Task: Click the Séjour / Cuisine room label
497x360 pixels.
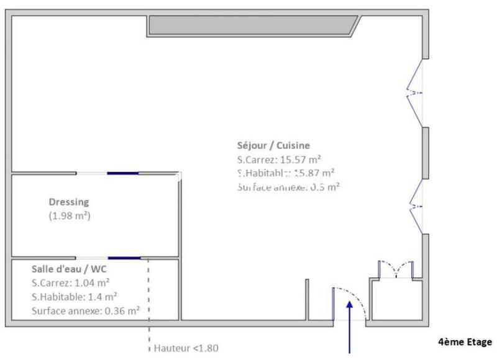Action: point(273,146)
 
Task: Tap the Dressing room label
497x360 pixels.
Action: point(69,202)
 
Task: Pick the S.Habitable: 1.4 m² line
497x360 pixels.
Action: point(75,297)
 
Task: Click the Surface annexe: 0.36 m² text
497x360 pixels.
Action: point(84,310)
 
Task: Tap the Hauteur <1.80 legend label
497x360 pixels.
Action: point(186,348)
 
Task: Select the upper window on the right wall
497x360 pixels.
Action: point(416,92)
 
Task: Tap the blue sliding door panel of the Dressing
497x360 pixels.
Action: point(122,173)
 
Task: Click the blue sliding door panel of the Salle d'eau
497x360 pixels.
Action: point(124,258)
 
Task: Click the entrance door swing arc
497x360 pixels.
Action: point(360,298)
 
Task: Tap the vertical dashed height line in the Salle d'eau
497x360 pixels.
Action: point(148,292)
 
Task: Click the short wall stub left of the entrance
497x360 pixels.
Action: point(308,300)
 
